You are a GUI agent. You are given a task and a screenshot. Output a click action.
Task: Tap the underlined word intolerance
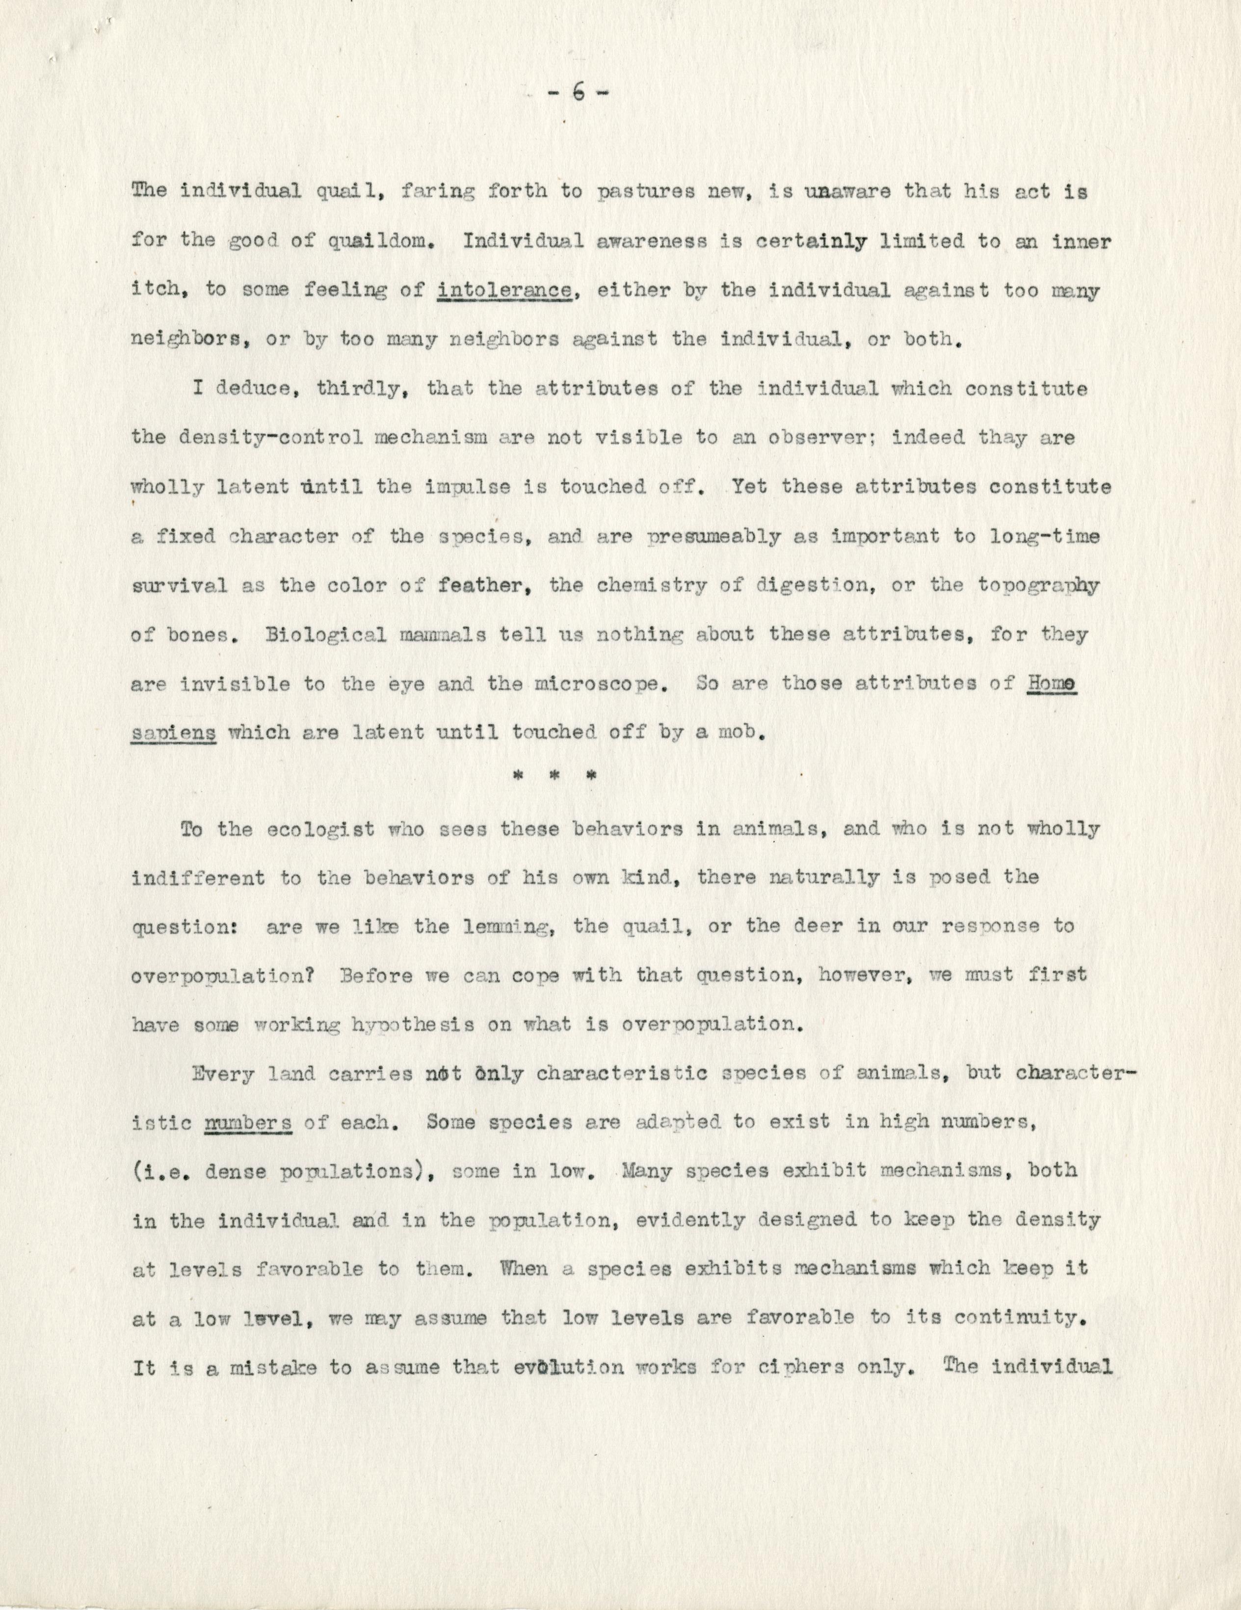point(505,290)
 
